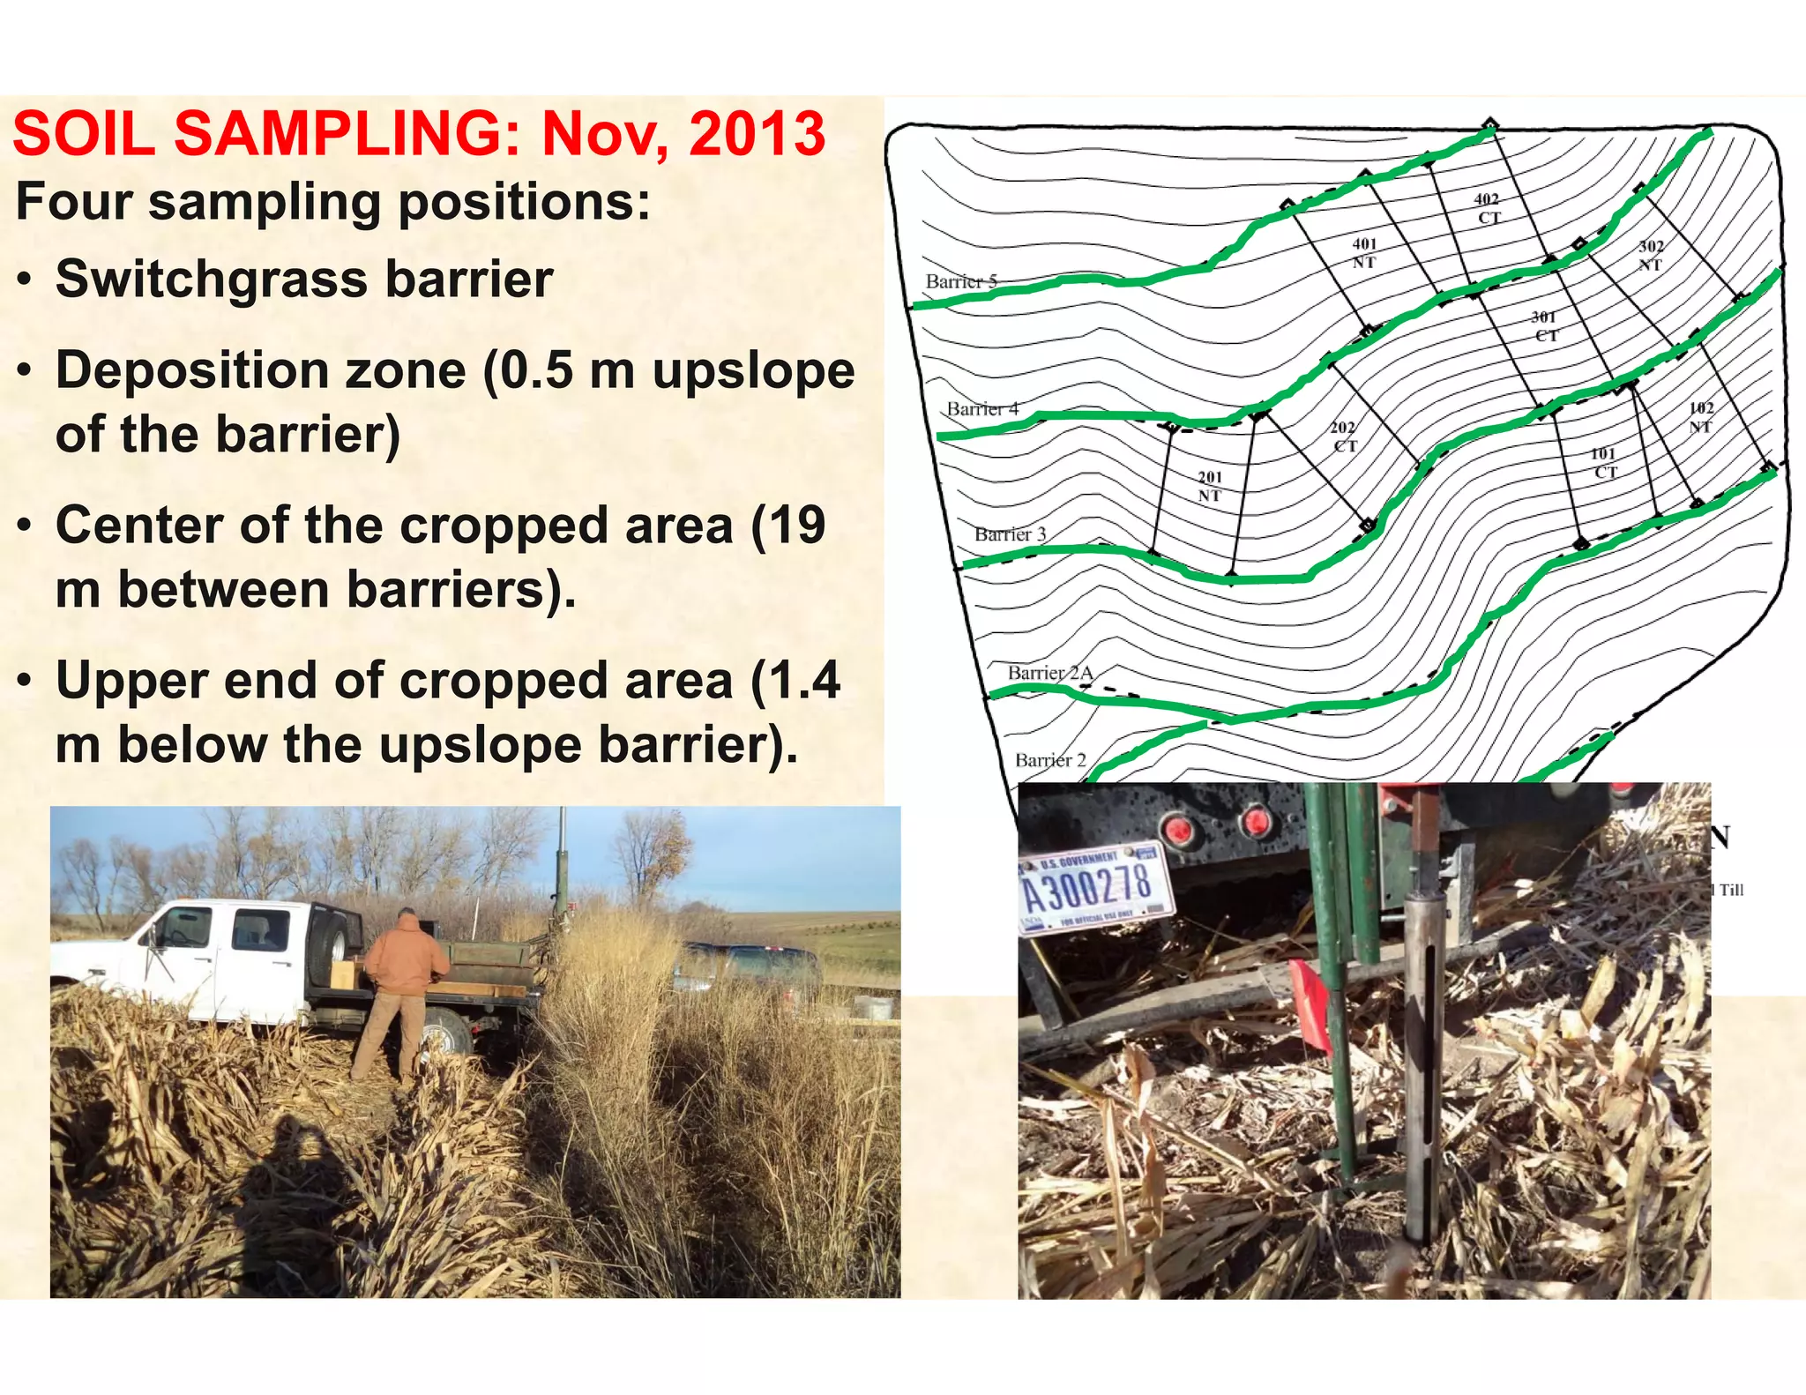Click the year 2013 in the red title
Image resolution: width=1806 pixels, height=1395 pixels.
757,134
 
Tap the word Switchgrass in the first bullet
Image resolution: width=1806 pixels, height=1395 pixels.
211,280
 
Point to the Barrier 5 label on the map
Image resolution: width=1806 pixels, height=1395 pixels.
961,281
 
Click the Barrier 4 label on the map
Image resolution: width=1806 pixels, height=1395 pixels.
982,408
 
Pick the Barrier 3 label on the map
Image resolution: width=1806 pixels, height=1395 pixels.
1010,533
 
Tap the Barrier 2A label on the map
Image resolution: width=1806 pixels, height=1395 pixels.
1050,673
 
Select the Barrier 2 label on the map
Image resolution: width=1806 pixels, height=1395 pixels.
1050,760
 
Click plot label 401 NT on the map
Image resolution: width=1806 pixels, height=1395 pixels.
1364,253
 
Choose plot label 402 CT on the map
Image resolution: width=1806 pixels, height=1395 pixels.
1488,209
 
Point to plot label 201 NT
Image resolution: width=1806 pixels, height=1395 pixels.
1210,486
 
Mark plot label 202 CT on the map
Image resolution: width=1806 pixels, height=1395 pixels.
1344,436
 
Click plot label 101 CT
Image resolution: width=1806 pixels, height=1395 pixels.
1604,463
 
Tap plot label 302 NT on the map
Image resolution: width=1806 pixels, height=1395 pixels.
1651,256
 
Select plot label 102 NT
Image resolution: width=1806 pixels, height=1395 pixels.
1701,417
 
